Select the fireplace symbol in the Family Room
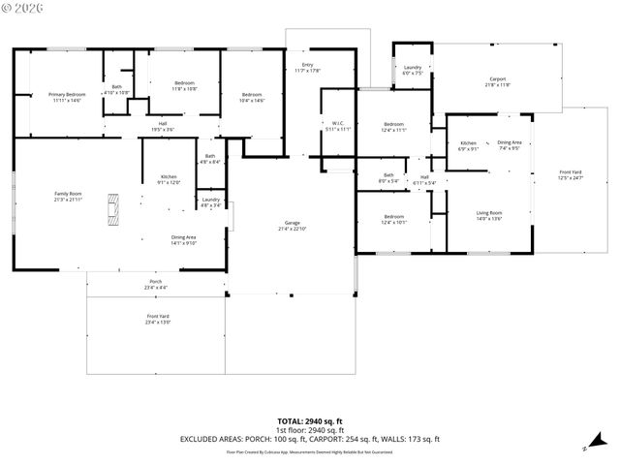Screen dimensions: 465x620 tap(114, 209)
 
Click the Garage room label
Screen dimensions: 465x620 tap(292, 226)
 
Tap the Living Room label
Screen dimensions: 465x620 tap(488, 215)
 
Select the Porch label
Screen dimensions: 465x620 tap(156, 284)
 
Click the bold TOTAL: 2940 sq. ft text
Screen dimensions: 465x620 tap(310, 421)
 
